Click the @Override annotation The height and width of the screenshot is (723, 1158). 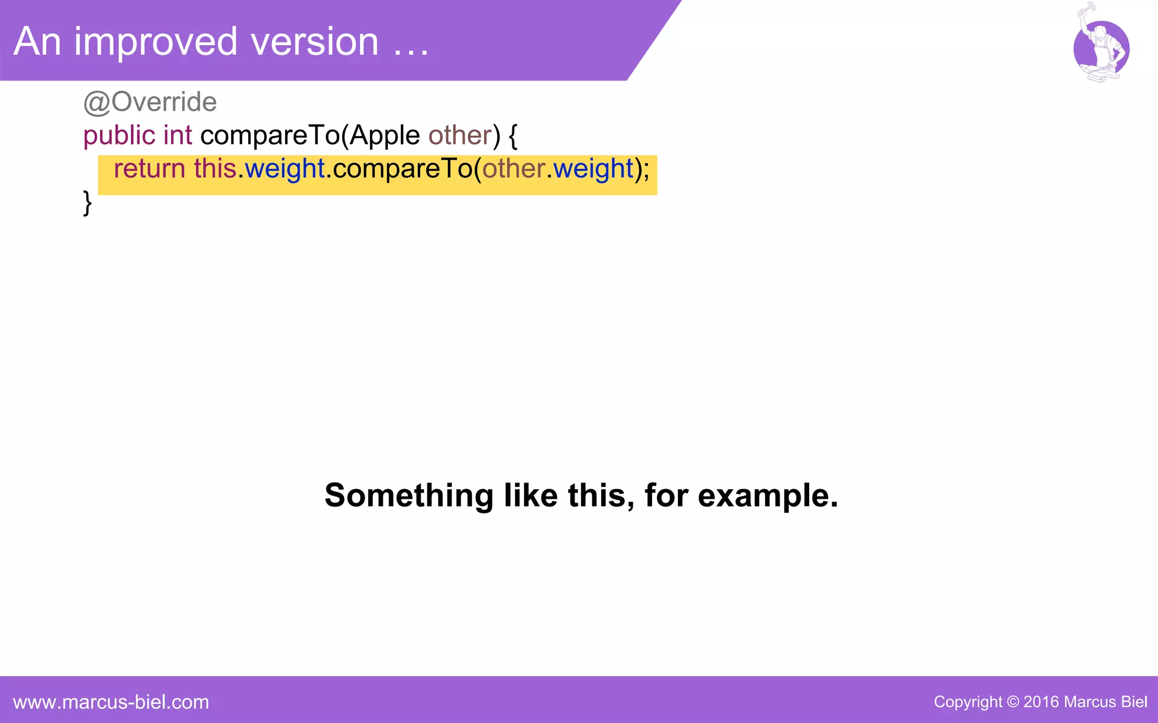pos(150,102)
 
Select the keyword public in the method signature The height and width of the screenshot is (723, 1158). pos(119,136)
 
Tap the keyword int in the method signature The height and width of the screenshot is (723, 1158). pos(178,136)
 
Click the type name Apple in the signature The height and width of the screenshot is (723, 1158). pos(384,136)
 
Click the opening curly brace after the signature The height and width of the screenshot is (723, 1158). pos(513,136)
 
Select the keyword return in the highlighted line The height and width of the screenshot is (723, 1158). pos(149,169)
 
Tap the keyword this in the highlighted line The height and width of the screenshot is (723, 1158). pos(215,169)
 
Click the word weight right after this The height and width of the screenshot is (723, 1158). pos(285,169)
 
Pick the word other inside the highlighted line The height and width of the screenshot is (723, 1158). pos(513,169)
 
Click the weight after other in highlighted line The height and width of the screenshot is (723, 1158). pos(594,169)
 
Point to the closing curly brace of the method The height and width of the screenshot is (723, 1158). pos(87,203)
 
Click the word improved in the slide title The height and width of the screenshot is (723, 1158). pos(155,42)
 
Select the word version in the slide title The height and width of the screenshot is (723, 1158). pos(314,42)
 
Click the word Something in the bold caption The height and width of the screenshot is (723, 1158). pos(409,495)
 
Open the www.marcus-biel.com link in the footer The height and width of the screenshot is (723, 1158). pos(111,702)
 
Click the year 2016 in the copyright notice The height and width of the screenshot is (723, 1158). pos(1041,702)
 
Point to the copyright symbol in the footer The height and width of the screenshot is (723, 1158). pos(1013,702)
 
